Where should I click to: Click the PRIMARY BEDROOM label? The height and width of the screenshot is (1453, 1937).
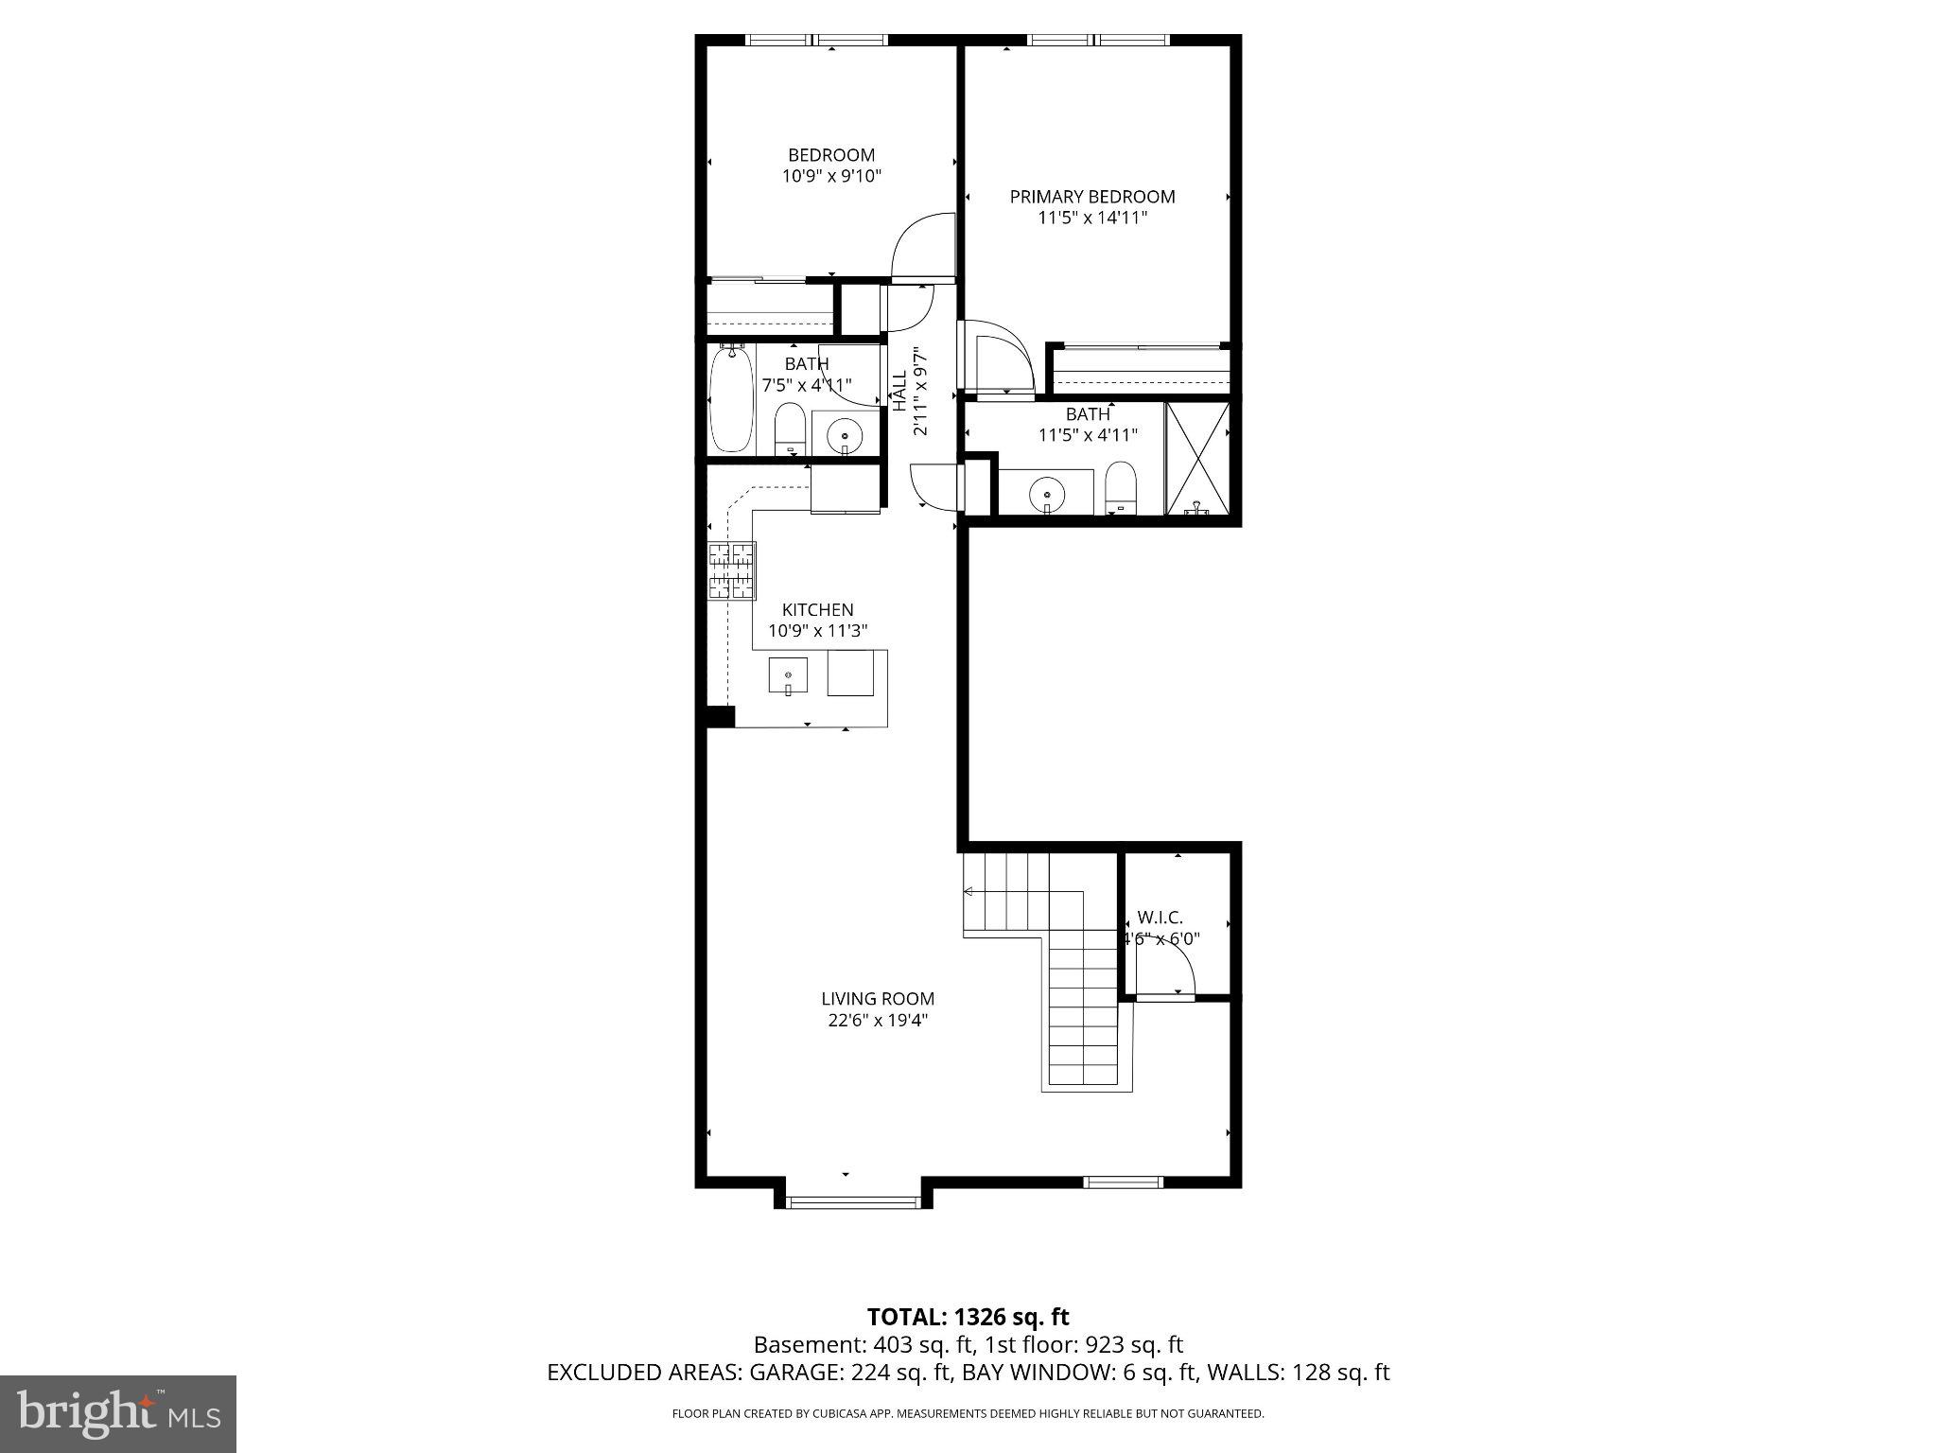click(1091, 197)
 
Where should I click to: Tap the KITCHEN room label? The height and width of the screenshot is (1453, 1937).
click(817, 610)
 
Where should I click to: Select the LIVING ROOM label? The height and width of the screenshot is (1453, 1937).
click(877, 998)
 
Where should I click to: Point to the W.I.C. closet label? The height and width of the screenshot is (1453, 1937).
click(1160, 918)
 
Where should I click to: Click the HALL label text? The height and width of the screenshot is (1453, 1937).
click(899, 390)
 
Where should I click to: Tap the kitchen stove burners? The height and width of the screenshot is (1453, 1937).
click(732, 570)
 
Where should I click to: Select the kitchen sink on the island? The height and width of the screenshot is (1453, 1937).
click(787, 676)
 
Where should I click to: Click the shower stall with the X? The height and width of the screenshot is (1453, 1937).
click(1197, 459)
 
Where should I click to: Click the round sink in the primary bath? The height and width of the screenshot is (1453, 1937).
click(1047, 492)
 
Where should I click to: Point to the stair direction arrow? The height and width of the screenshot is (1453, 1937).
click(969, 891)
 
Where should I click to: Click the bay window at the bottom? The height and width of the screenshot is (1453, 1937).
click(853, 1202)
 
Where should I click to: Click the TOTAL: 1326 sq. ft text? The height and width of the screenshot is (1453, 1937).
click(968, 1317)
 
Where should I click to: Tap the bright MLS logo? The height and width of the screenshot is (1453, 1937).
click(118, 1413)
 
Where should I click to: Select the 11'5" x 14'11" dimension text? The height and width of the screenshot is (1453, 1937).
click(1091, 219)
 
